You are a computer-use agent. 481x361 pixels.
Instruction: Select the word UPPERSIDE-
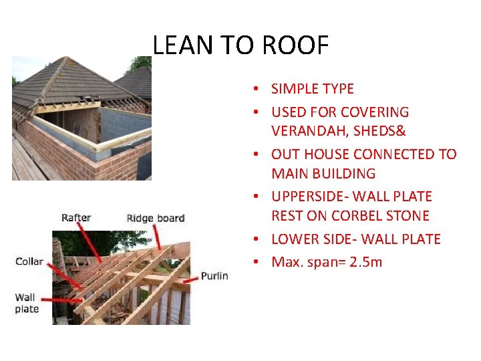[311, 197]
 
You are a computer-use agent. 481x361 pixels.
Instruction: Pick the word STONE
[406, 216]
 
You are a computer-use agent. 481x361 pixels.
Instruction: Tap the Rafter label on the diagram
[77, 217]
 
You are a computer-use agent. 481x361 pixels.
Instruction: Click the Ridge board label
[155, 218]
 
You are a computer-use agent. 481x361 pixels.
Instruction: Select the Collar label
[29, 261]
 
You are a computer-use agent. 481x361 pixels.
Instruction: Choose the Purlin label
[214, 275]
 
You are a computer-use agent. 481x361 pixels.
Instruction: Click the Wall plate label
[27, 303]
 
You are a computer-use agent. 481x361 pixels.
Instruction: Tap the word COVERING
[375, 112]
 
